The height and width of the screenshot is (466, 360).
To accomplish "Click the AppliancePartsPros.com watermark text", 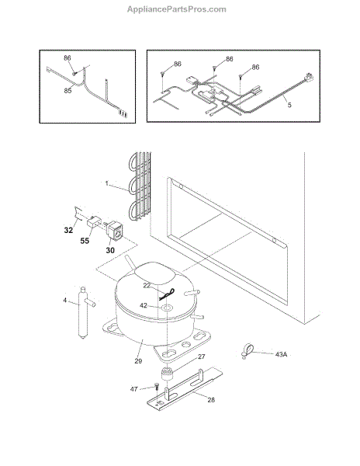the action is pyautogui.click(x=177, y=9).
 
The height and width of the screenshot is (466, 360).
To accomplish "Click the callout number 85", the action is pyautogui.click(x=68, y=90).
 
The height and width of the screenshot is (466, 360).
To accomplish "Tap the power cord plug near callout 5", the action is pyautogui.click(x=308, y=78).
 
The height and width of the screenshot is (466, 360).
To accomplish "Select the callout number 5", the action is pyautogui.click(x=289, y=105).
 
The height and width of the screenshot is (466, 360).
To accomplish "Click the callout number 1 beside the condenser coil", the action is pyautogui.click(x=107, y=183).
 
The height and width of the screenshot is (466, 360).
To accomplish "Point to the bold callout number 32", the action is pyautogui.click(x=68, y=230).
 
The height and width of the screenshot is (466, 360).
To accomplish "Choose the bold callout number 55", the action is pyautogui.click(x=85, y=241).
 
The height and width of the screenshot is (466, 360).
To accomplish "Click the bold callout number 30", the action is pyautogui.click(x=110, y=251).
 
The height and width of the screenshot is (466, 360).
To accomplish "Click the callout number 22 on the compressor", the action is pyautogui.click(x=147, y=285).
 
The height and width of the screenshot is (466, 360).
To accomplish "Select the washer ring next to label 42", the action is pyautogui.click(x=166, y=308).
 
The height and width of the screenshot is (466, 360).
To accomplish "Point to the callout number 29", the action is pyautogui.click(x=138, y=361).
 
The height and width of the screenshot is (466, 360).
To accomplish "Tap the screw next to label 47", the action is pyautogui.click(x=157, y=386).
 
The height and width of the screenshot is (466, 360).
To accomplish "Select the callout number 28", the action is pyautogui.click(x=211, y=400).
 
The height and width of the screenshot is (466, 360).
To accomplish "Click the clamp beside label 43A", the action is pyautogui.click(x=247, y=351).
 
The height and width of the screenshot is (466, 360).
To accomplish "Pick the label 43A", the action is pyautogui.click(x=281, y=355).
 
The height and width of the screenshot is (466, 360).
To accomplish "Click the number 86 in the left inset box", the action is pyautogui.click(x=67, y=57).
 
